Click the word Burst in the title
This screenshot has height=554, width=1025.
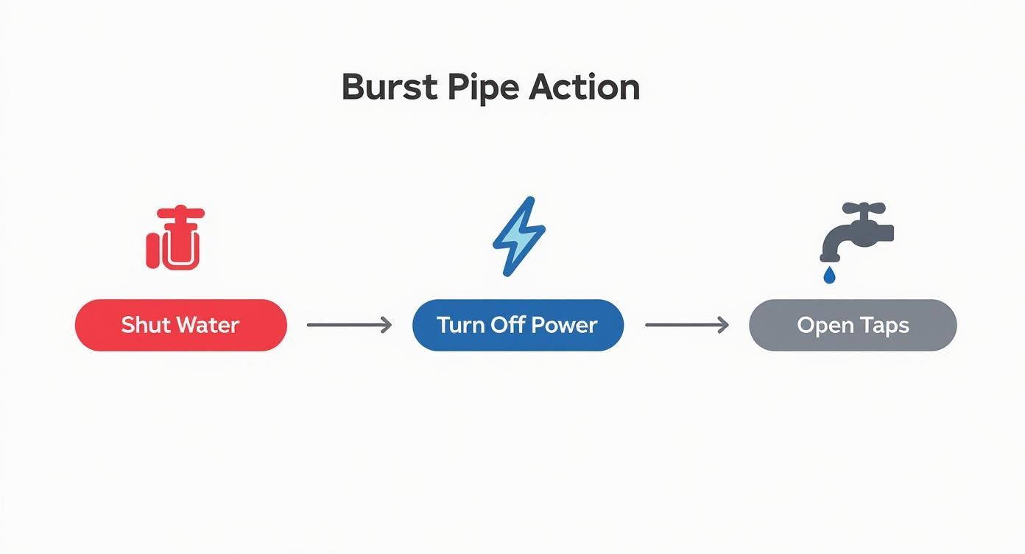pos(388,88)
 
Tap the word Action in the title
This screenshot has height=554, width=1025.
pos(584,88)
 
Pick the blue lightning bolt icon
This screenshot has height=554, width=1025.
pos(518,236)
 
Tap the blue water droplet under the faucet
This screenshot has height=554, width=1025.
pos(829,275)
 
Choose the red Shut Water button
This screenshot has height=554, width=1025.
pos(180,325)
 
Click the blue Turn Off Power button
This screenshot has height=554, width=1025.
pos(518,325)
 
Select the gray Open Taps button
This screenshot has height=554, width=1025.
pos(853,325)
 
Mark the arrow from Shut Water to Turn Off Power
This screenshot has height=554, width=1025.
pos(349,325)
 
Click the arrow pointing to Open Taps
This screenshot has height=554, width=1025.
pos(686,325)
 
